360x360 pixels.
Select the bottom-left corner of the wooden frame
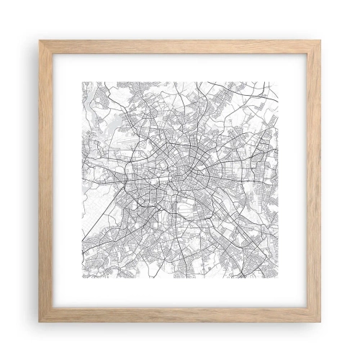coord(40,320)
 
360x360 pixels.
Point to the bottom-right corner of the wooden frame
coord(320,320)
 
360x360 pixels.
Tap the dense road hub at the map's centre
coord(180,173)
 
